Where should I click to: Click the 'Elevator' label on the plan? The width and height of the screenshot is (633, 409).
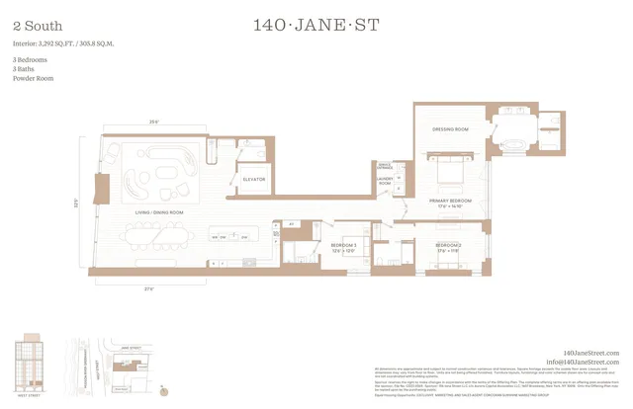[x=254, y=180]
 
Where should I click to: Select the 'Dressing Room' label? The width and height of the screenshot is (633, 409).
[x=450, y=129]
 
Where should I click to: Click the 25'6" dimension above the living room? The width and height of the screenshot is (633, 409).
[x=153, y=123]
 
